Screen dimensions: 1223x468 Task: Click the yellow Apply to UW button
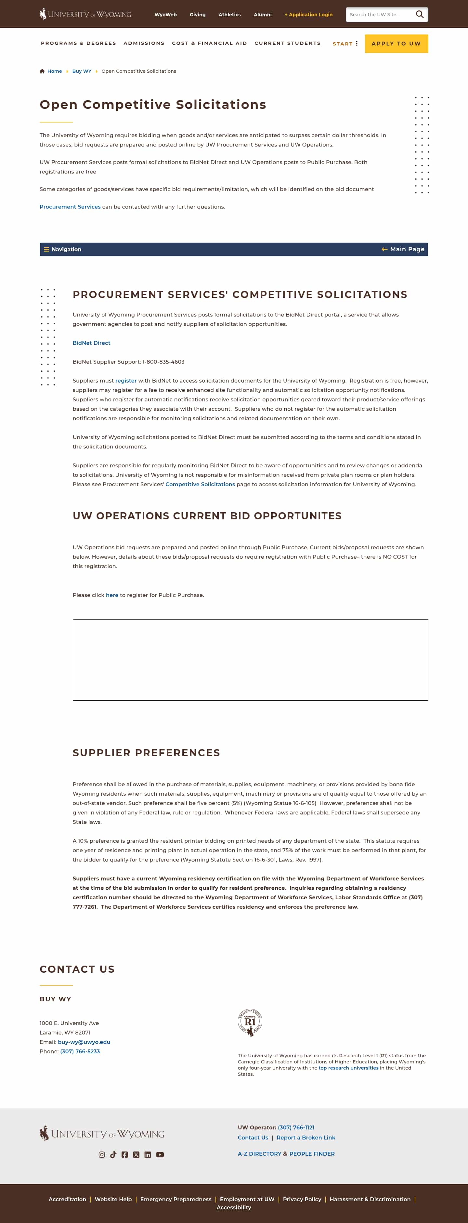[x=396, y=44]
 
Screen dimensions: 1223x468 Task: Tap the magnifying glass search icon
[x=420, y=15]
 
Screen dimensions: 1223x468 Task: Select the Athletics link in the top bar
[x=229, y=15]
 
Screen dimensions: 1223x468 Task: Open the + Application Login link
[x=308, y=15]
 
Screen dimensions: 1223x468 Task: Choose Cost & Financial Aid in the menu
[x=209, y=43]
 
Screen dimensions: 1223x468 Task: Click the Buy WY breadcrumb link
[x=82, y=71]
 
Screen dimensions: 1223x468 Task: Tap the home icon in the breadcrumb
[x=42, y=71]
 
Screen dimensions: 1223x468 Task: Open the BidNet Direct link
[x=91, y=343]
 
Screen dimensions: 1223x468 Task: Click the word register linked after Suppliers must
[x=126, y=381]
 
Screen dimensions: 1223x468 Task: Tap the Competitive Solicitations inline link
[x=200, y=484]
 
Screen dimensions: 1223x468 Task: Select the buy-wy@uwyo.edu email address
[x=84, y=1042]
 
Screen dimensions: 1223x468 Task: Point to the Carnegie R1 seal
[x=250, y=1023]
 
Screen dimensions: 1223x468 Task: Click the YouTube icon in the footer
[x=160, y=1155]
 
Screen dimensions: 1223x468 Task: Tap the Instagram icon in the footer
[x=102, y=1155]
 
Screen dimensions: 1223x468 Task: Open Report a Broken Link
[x=306, y=1138]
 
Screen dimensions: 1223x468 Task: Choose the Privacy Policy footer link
[x=302, y=1199]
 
